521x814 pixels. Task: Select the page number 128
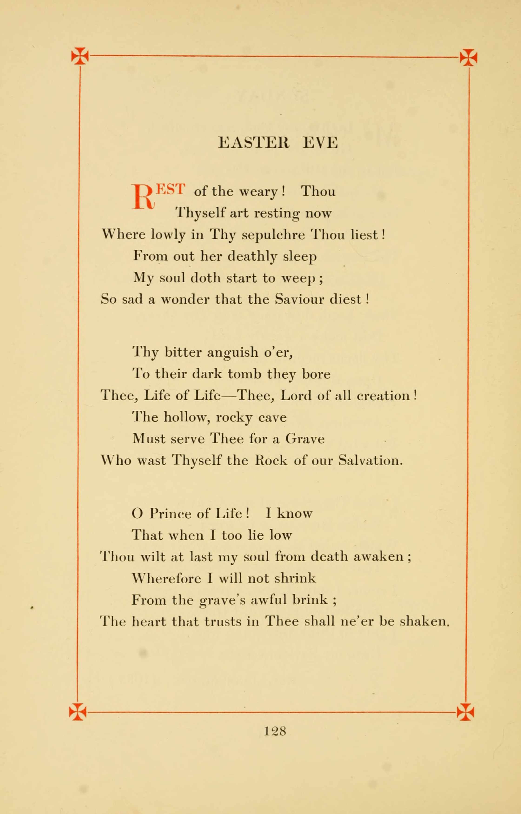tap(275, 731)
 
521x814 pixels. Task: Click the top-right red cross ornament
tap(468, 57)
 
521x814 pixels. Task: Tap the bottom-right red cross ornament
tap(465, 712)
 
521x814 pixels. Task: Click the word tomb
tap(244, 374)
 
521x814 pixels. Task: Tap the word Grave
tap(305, 439)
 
